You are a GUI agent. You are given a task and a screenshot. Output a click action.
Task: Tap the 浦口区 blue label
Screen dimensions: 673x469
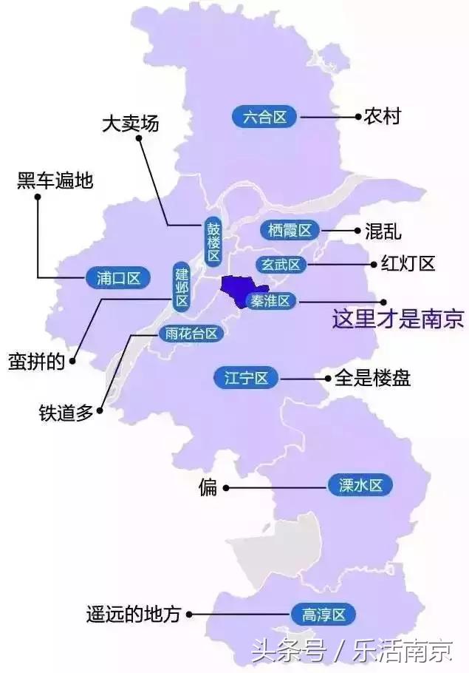118,278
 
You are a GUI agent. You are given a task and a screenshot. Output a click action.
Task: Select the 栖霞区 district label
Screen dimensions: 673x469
289,230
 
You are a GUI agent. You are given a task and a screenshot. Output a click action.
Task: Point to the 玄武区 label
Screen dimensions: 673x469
281,264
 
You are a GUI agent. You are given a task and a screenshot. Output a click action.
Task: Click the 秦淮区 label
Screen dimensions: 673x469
273,300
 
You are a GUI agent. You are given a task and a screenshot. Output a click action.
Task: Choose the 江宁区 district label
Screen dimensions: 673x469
246,379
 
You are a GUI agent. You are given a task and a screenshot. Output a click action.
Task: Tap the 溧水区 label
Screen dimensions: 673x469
360,486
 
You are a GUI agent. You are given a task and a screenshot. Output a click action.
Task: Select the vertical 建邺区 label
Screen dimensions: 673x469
182,285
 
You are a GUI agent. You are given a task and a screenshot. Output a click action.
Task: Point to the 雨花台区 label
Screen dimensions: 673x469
191,334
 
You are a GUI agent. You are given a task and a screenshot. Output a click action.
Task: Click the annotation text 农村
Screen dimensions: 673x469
382,116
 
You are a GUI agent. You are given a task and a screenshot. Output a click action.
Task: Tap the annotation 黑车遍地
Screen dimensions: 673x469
55,180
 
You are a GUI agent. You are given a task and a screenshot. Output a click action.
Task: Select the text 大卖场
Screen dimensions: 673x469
130,124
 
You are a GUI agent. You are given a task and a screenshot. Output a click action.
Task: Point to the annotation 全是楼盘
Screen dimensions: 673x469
372,379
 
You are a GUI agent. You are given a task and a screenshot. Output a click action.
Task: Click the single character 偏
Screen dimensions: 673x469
208,487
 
